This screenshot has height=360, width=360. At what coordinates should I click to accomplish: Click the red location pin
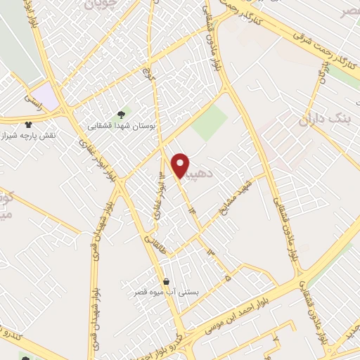point(181,165)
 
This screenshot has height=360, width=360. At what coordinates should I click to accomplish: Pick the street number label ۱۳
point(209,251)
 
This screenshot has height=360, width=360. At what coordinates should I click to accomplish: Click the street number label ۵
point(227,278)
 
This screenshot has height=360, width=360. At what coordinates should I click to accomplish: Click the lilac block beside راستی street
point(46,94)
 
